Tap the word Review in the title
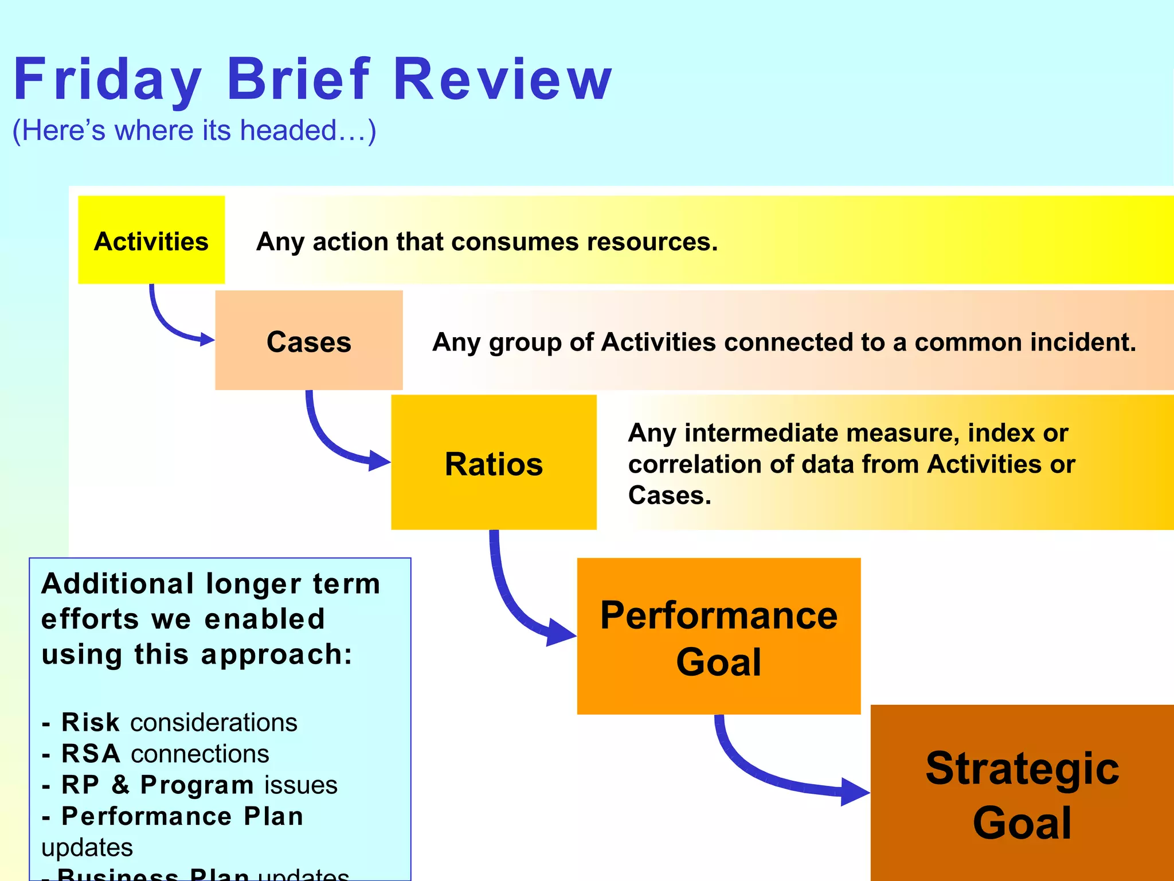pyautogui.click(x=503, y=79)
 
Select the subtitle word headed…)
pyautogui.click(x=308, y=131)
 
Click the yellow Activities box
pyautogui.click(x=151, y=240)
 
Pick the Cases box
pyautogui.click(x=308, y=341)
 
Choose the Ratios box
pyautogui.click(x=494, y=463)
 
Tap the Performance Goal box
pyautogui.click(x=718, y=637)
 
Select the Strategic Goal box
pyautogui.click(x=1022, y=794)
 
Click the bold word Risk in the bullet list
pyautogui.click(x=91, y=722)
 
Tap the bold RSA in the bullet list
pyautogui.click(x=91, y=754)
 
